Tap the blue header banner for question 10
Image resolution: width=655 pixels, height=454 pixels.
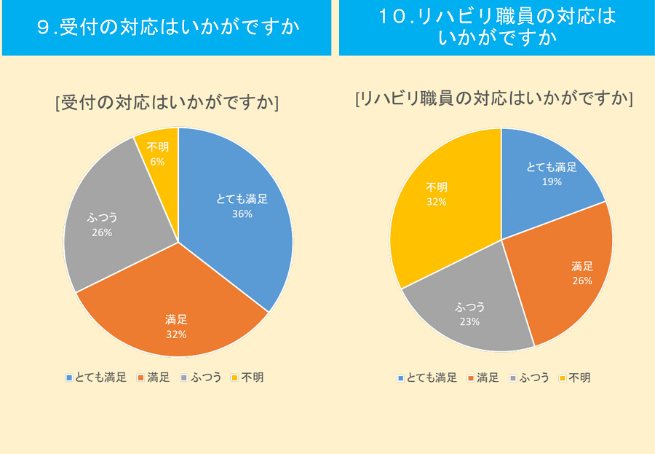496,28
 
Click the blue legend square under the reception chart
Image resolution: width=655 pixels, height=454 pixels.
68,377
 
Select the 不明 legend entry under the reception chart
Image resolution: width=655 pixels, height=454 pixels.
247,377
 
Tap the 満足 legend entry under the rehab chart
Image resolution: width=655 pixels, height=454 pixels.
483,377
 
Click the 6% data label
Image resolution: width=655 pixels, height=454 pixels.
157,162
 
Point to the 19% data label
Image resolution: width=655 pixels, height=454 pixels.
552,181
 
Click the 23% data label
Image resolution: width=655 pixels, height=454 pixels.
469,321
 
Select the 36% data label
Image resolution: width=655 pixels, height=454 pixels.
242,214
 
